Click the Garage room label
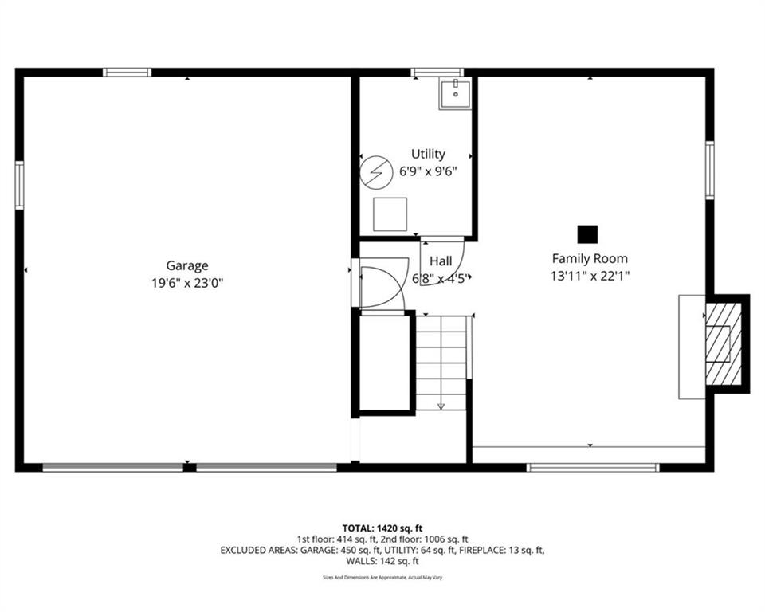(186, 266)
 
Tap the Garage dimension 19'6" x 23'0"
(186, 283)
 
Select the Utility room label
(428, 155)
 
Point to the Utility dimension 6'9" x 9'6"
(428, 171)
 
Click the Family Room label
(590, 259)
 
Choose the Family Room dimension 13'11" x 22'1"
(590, 276)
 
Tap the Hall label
(441, 261)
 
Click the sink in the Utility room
(455, 94)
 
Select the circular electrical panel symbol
(377, 172)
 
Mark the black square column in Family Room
(587, 234)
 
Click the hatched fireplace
(724, 343)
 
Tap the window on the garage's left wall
(19, 186)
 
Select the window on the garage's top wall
(127, 73)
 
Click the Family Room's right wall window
(710, 170)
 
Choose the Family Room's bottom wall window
(593, 468)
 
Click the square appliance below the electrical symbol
(390, 214)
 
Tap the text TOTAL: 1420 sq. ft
(382, 528)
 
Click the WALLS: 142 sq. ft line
(382, 561)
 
